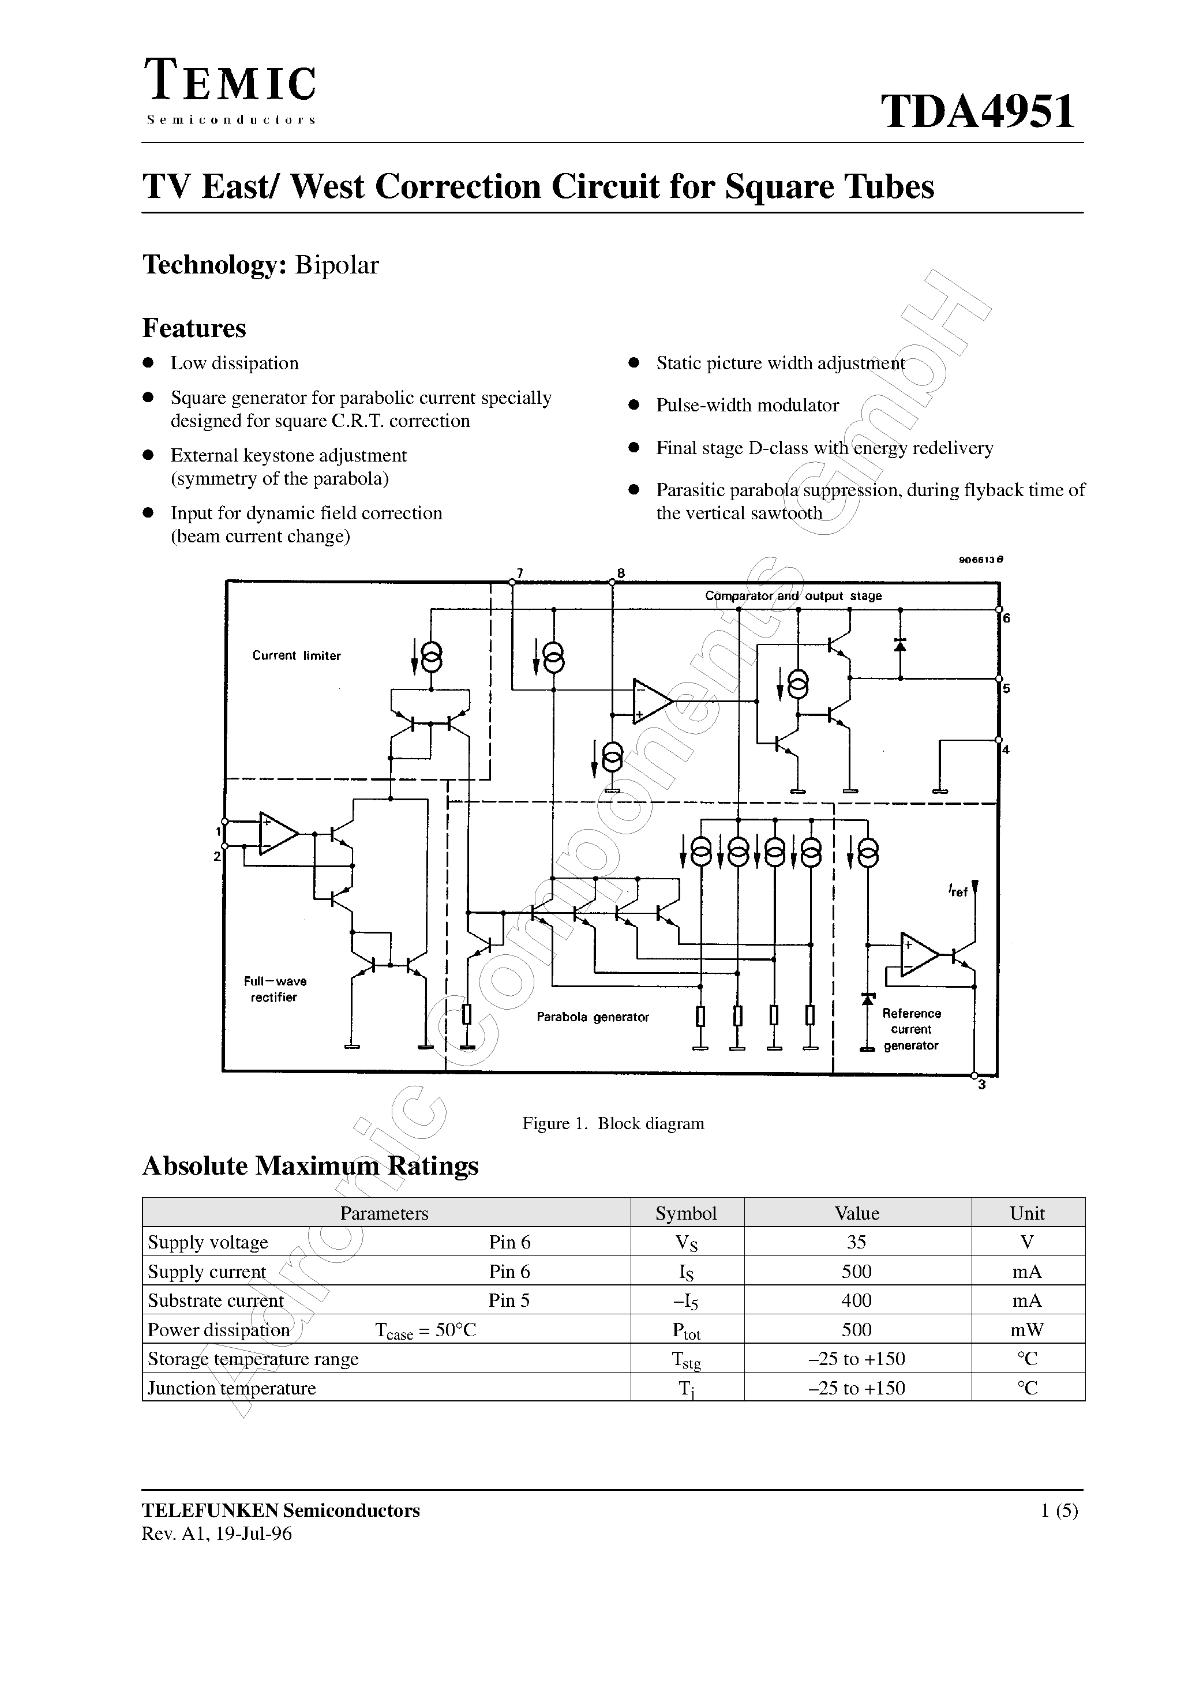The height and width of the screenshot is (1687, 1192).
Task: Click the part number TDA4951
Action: pos(978,112)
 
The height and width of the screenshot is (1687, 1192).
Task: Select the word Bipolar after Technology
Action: pos(336,265)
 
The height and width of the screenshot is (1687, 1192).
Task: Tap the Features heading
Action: pos(194,328)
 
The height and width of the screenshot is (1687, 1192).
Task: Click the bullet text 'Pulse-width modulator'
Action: pos(747,406)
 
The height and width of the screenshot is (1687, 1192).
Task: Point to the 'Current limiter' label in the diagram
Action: pos(296,655)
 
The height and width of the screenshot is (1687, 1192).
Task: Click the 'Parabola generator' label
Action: pos(593,1018)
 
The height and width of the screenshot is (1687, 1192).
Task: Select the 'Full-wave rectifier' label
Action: pos(275,989)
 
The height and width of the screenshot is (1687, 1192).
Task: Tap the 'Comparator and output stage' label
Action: pos(793,596)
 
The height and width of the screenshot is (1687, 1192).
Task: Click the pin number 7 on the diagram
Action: pos(520,573)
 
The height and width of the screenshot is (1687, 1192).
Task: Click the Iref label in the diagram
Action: pos(958,892)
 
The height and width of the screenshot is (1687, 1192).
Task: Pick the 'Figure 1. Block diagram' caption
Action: pos(613,1123)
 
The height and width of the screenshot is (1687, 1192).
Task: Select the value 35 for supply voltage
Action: pos(856,1243)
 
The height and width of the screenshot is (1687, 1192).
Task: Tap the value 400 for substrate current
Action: pos(856,1300)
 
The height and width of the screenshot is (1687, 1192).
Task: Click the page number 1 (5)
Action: pos(1059,1510)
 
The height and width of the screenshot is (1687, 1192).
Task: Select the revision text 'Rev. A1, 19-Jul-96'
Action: pos(217,1534)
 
